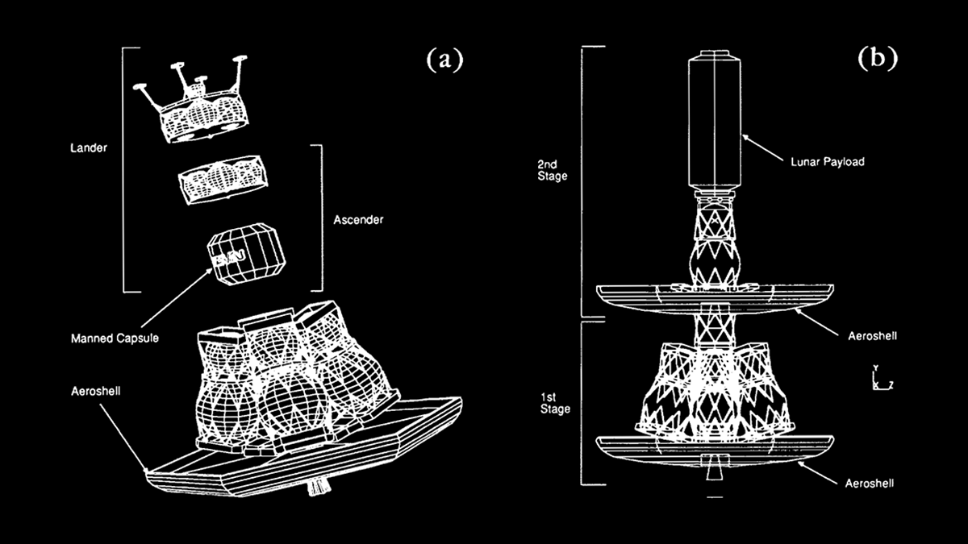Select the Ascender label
358,218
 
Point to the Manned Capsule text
115,338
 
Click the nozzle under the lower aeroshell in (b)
713,467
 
